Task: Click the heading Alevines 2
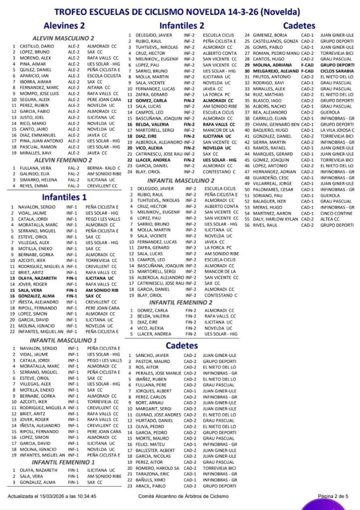(64, 25)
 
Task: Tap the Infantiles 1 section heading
(64, 196)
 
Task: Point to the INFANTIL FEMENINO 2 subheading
(181, 302)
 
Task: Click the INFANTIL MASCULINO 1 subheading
(64, 340)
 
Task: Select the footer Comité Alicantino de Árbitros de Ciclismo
(182, 496)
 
